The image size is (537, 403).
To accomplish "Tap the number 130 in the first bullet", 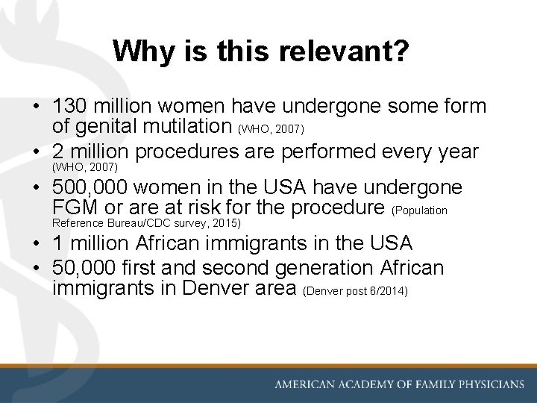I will point(69,107).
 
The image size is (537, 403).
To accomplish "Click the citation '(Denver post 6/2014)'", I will point(356,290).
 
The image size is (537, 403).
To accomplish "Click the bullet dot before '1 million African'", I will point(36,244).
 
